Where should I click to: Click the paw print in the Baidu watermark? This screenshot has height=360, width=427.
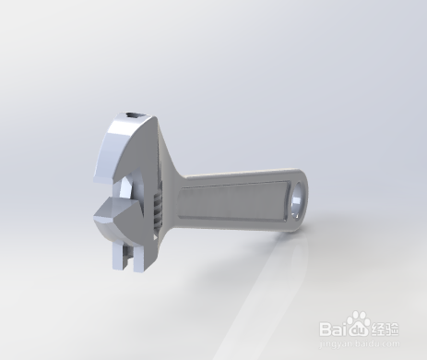pyautogui.click(x=359, y=323)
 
